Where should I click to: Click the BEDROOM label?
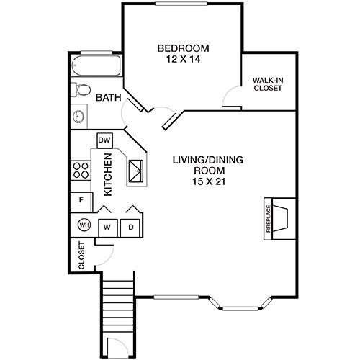(182, 49)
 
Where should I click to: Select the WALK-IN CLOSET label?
(267, 84)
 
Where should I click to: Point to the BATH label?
(108, 98)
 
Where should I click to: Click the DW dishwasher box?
(104, 140)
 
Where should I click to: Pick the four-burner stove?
(81, 171)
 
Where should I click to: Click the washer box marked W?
(107, 227)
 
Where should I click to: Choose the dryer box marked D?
(132, 227)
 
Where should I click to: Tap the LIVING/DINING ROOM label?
(199, 165)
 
